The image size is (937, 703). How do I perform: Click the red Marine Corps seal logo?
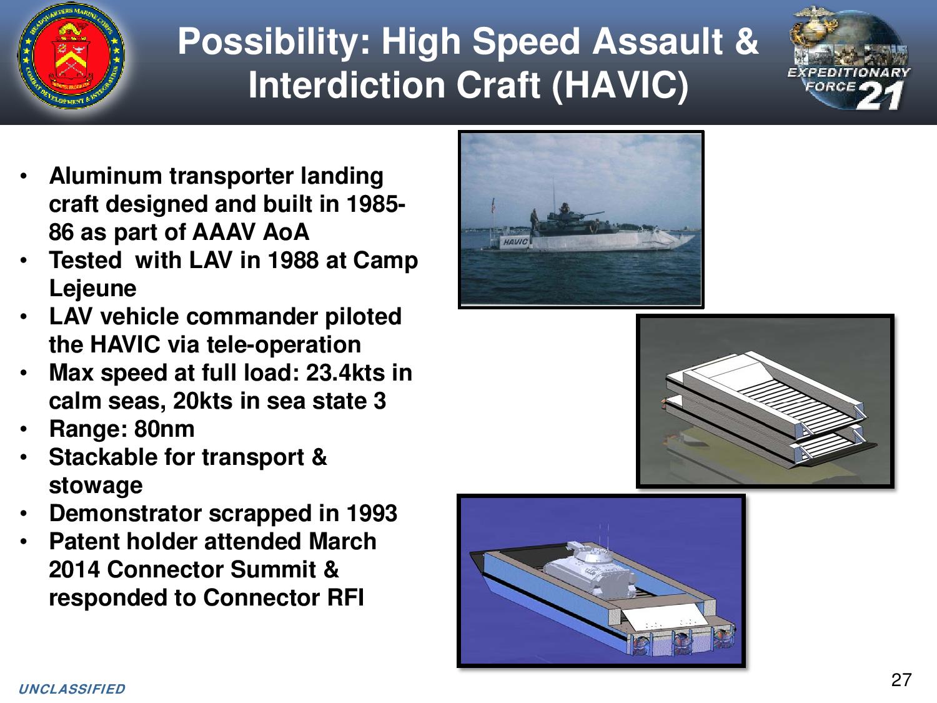[x=71, y=56]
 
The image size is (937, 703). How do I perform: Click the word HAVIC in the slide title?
[x=619, y=85]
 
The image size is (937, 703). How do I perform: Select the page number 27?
[x=901, y=679]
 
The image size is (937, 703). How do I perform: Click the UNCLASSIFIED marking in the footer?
[x=72, y=689]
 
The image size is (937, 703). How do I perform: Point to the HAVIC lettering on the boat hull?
[x=515, y=242]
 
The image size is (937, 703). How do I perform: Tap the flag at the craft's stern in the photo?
[x=493, y=206]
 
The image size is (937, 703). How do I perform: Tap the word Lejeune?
[x=92, y=289]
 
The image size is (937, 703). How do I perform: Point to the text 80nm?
[x=164, y=429]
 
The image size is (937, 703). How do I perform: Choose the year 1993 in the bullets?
[x=372, y=514]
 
